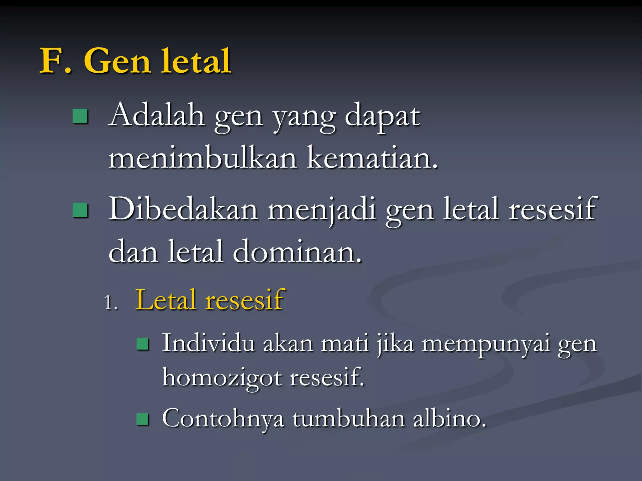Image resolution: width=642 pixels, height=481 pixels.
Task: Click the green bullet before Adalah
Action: pos(80,116)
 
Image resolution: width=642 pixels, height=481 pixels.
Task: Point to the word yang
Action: pos(304,117)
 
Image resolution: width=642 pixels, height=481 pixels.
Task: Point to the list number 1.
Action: pos(111,303)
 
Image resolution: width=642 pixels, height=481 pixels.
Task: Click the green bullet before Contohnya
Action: pos(143,419)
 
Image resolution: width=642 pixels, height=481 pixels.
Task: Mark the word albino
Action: pos(449,418)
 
